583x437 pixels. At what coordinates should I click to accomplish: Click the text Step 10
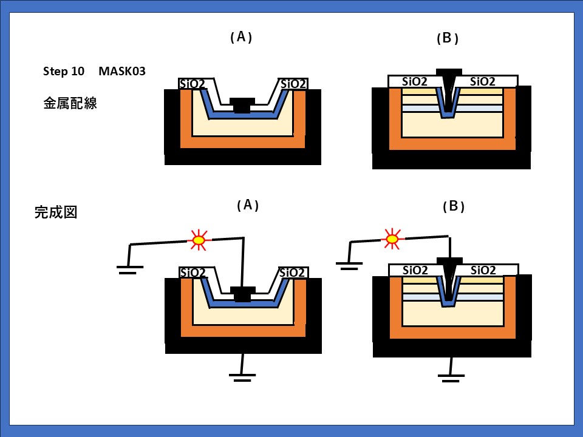(x=64, y=71)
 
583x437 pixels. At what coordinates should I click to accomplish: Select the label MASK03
(x=122, y=71)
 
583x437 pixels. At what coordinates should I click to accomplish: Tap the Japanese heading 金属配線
(x=70, y=103)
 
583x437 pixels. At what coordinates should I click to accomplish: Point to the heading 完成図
(x=55, y=212)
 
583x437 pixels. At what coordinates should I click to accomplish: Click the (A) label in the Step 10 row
(x=241, y=37)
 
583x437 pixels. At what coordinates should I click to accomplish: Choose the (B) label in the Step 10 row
(x=448, y=38)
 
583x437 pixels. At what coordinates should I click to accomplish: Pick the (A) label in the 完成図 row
(x=247, y=205)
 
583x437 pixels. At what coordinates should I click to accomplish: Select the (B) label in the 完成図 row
(x=454, y=206)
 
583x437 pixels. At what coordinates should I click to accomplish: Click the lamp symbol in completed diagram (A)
(x=199, y=240)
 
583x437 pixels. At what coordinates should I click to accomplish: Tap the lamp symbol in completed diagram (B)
(x=392, y=239)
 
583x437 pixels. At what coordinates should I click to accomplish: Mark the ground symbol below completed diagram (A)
(x=242, y=375)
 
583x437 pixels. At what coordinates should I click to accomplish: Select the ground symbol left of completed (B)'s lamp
(x=349, y=264)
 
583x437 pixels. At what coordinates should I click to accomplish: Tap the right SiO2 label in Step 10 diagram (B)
(x=483, y=81)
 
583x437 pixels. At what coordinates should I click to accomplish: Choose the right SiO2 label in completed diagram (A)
(x=293, y=273)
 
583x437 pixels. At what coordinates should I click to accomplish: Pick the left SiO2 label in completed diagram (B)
(x=415, y=270)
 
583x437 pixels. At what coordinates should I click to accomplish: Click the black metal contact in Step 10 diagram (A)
(x=242, y=104)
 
